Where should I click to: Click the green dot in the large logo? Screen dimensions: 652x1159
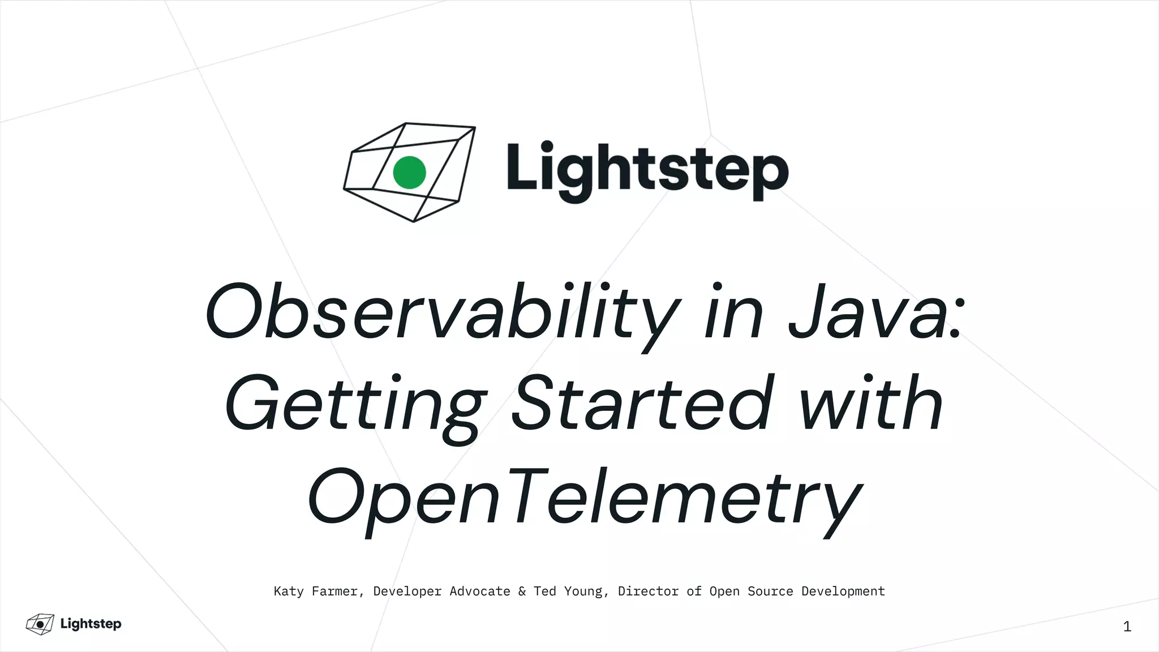(409, 172)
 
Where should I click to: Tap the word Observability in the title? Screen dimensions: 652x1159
(442, 313)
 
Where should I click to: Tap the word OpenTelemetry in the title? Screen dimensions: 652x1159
(585, 496)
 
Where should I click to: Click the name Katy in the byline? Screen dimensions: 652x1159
(289, 591)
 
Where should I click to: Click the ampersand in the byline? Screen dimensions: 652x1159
(522, 591)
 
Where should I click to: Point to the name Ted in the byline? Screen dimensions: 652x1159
(544, 591)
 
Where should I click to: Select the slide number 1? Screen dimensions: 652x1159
(1127, 627)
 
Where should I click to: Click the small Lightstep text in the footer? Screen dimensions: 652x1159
(91, 624)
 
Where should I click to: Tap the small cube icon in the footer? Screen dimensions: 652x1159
(40, 624)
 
